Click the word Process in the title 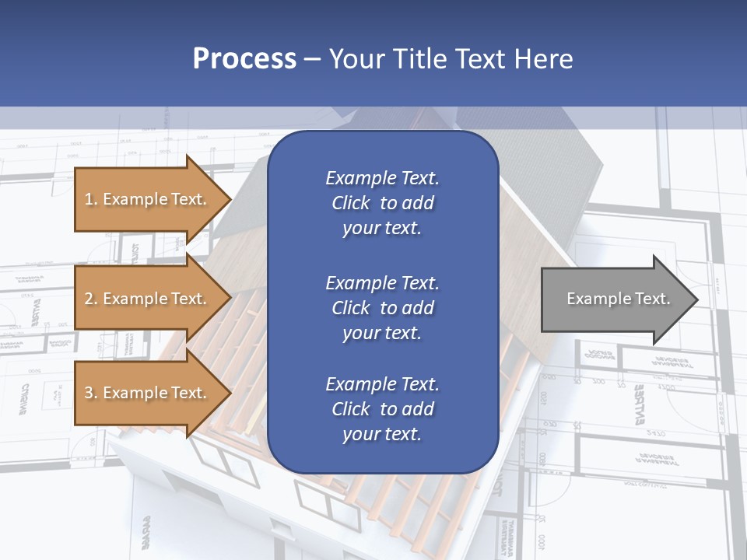pos(244,58)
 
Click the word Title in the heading pos(423,58)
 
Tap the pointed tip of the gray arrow pos(696,299)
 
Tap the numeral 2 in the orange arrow pos(89,299)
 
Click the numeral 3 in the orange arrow pos(89,393)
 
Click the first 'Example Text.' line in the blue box pos(382,178)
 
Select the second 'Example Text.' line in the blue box pos(382,282)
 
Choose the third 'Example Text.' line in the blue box pos(382,383)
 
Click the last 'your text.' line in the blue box pos(382,434)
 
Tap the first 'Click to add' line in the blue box pos(382,203)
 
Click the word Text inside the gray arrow pos(651,299)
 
